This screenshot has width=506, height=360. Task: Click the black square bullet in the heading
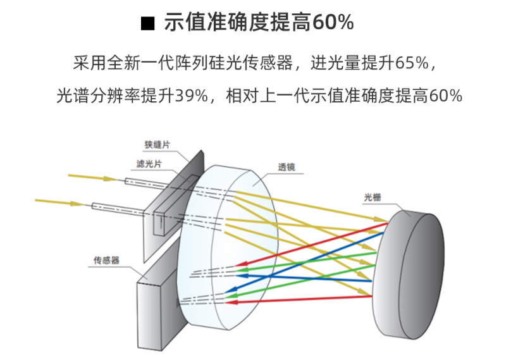(x=147, y=23)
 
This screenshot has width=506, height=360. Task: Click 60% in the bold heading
(x=333, y=23)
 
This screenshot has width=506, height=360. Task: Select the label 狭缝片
(x=157, y=145)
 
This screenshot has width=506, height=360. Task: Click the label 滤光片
(x=149, y=164)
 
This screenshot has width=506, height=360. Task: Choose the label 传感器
(x=107, y=260)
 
